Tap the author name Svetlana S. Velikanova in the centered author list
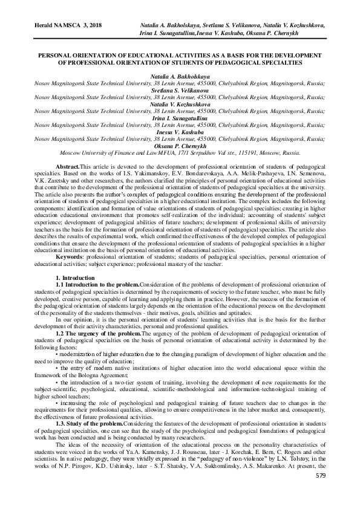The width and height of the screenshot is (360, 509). click(179, 91)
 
